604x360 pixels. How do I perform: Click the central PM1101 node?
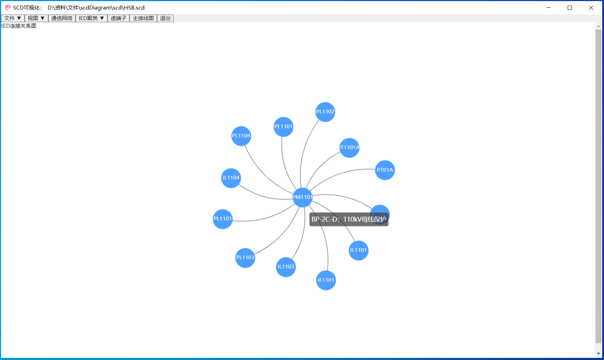(x=302, y=197)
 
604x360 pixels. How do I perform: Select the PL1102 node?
(x=325, y=112)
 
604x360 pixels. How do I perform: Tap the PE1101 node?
(x=283, y=127)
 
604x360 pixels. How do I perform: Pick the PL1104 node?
(x=241, y=136)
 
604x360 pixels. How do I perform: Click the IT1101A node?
(x=349, y=147)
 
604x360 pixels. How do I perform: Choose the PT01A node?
(x=385, y=170)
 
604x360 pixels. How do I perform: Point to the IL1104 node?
(x=231, y=178)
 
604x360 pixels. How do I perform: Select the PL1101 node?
(x=223, y=219)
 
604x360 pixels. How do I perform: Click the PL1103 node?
(x=245, y=258)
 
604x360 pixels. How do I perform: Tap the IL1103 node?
(x=285, y=267)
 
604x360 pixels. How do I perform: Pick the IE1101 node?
(x=326, y=280)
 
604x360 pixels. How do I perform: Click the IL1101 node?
(x=358, y=250)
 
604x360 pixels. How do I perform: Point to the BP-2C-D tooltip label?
(x=349, y=219)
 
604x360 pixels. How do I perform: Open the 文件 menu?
(x=13, y=18)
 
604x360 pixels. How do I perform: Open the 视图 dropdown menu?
(x=36, y=18)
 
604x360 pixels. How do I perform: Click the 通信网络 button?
(x=62, y=18)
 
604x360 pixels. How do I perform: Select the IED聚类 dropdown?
(x=91, y=18)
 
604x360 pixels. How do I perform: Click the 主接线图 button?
(x=143, y=18)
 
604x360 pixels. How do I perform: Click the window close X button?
(x=591, y=8)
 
